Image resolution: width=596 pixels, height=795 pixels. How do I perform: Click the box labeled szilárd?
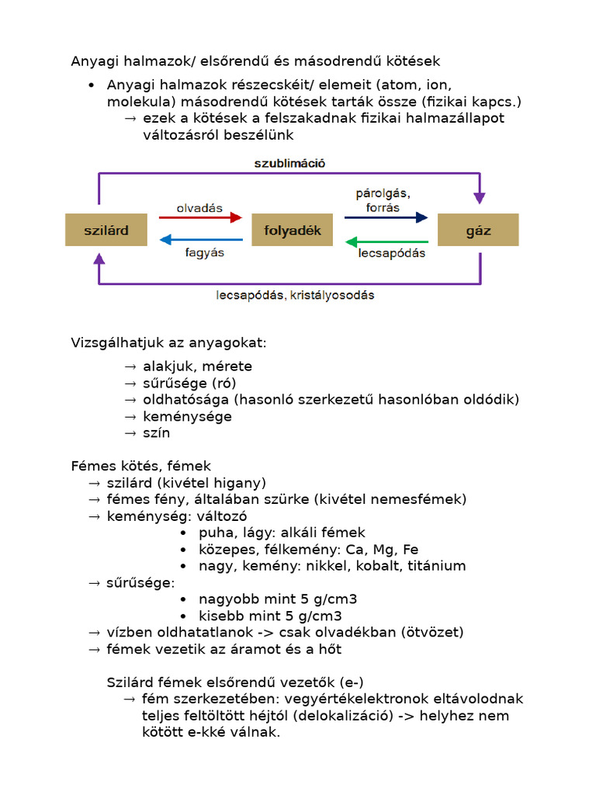[106, 231]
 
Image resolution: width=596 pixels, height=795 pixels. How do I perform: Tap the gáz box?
[478, 231]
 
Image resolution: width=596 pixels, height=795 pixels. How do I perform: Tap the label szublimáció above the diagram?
[289, 163]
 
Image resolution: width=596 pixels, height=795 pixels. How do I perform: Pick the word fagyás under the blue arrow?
[204, 252]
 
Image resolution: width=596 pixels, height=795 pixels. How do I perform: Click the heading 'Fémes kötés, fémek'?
[141, 466]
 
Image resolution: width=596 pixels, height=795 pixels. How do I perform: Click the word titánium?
[434, 566]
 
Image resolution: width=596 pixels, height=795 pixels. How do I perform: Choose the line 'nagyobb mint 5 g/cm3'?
[278, 599]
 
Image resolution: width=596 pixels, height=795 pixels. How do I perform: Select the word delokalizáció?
[346, 716]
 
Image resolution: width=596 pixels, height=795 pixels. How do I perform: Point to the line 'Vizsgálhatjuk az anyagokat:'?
[168, 342]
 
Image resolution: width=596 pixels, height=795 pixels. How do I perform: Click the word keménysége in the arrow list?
[187, 417]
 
